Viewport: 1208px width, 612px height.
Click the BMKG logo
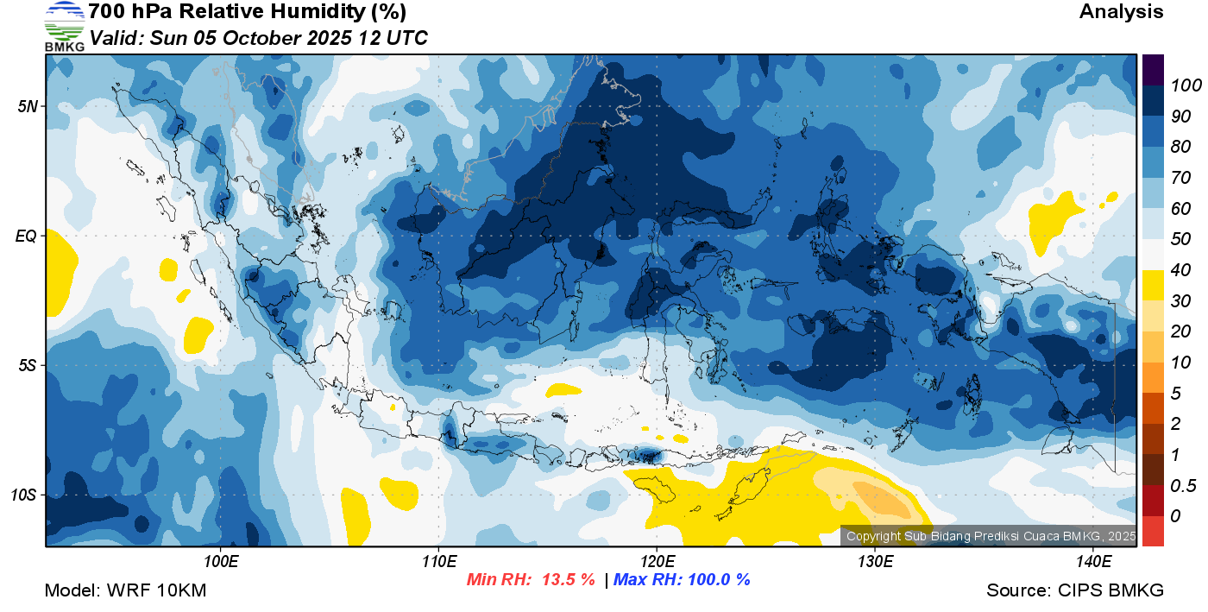click(x=64, y=27)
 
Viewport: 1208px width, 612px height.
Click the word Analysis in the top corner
click(x=1121, y=11)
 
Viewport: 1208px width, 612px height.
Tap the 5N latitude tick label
click(x=28, y=107)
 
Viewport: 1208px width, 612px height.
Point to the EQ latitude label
click(x=27, y=237)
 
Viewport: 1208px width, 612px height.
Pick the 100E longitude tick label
click(x=221, y=562)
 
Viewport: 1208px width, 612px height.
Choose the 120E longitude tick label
click(x=657, y=562)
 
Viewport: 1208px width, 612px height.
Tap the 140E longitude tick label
click(x=1093, y=562)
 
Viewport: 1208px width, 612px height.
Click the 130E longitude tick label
click(x=875, y=562)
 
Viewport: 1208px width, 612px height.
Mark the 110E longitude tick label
click(x=439, y=562)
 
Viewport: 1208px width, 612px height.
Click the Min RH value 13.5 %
click(x=569, y=580)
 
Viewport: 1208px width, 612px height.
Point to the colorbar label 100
click(x=1186, y=85)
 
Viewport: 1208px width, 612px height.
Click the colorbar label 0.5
click(x=1183, y=486)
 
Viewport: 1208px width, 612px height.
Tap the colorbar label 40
click(x=1180, y=270)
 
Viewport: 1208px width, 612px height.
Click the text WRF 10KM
click(x=156, y=591)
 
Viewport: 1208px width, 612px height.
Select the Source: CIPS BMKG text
click(x=1075, y=591)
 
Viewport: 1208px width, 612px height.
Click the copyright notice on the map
click(x=991, y=536)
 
